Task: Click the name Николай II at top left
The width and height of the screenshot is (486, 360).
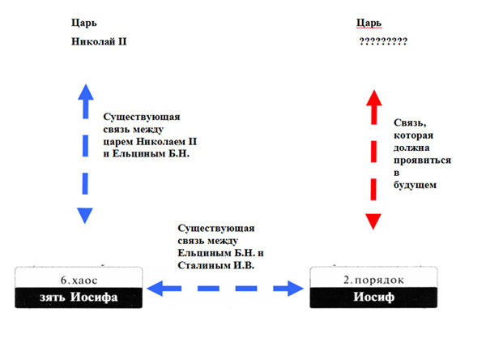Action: (99, 41)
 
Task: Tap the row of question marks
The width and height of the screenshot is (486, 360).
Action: (383, 41)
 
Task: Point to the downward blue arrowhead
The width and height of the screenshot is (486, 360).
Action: (85, 216)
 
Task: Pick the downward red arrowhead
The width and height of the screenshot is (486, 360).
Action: (373, 221)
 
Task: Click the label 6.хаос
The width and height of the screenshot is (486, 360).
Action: (79, 281)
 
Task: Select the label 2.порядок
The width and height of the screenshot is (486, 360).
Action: (373, 280)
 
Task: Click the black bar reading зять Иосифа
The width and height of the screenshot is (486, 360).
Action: (79, 298)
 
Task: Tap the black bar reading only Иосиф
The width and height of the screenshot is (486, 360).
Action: (373, 298)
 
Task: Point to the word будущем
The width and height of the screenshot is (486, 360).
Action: (415, 186)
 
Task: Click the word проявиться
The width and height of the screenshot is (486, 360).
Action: (423, 161)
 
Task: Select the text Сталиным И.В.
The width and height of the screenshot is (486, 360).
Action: (216, 265)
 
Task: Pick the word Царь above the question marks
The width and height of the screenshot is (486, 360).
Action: (369, 23)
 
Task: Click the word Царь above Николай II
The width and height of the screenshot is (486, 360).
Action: (84, 23)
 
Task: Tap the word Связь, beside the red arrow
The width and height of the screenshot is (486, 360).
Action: (410, 123)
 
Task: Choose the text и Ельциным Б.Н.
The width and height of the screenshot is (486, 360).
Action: (147, 153)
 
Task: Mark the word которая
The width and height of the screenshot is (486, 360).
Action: (413, 135)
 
